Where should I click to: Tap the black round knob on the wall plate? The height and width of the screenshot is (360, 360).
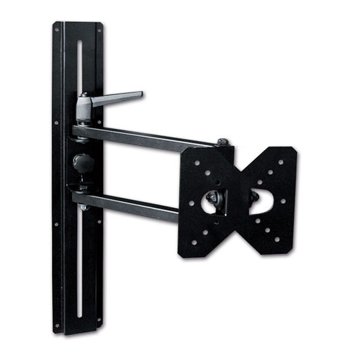[82, 162]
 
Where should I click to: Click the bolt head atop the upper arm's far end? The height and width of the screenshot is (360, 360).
[222, 143]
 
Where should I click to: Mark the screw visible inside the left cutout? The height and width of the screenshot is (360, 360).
[212, 197]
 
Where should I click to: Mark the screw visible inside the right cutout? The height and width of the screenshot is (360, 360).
[255, 197]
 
